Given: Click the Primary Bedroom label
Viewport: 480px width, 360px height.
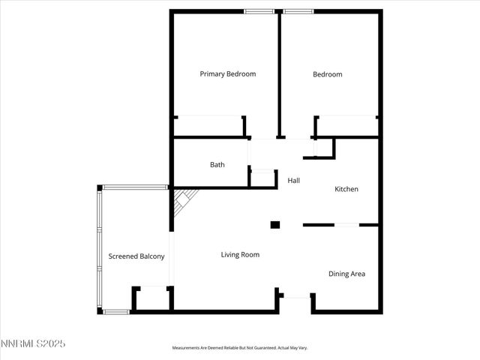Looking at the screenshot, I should point(227,74).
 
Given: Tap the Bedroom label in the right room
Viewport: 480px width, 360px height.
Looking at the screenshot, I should point(328,74).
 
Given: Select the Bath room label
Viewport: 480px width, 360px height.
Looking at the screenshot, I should point(217,165).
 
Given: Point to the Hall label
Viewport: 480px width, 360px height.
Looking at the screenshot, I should point(294,181).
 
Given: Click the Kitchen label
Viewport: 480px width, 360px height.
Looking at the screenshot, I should point(346,189).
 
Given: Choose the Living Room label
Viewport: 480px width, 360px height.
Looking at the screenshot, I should point(240,255).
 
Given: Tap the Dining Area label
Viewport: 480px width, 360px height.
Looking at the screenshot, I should point(346,274).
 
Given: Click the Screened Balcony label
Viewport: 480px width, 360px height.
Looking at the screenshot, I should point(136,256).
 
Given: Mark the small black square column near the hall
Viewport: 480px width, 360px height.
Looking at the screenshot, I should point(275,223).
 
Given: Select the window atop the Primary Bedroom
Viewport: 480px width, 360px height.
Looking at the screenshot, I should point(259,10).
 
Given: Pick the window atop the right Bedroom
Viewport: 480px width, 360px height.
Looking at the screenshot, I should point(299,10).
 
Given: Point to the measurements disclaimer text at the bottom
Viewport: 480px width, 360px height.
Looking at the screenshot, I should point(240,348).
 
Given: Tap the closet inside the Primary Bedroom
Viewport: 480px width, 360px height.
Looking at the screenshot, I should point(209,126).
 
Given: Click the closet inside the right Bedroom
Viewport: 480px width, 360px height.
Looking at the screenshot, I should point(346,126).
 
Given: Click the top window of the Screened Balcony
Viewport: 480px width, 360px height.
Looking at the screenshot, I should point(136,187).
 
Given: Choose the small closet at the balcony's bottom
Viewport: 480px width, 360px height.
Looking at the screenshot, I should point(153,298).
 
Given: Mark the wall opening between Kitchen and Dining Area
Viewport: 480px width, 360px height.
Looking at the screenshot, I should point(346,224).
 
